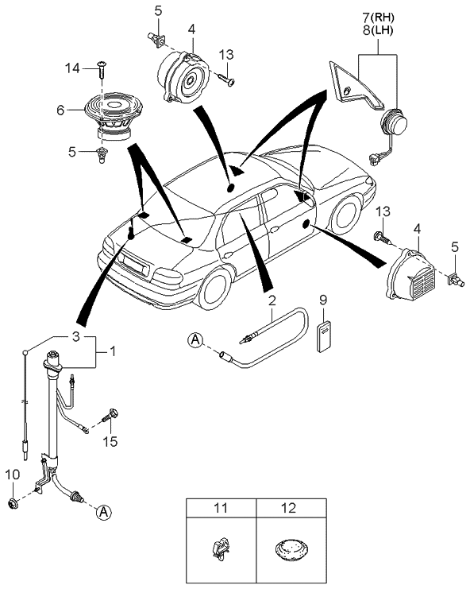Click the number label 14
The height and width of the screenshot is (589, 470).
71,69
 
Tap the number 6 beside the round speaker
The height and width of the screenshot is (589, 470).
60,112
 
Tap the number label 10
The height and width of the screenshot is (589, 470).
12,475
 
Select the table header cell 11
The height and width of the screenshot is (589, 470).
221,506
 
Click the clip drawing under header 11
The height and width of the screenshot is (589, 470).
220,548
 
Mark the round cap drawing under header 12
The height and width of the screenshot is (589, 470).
291,548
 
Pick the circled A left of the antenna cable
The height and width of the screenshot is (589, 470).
195,341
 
